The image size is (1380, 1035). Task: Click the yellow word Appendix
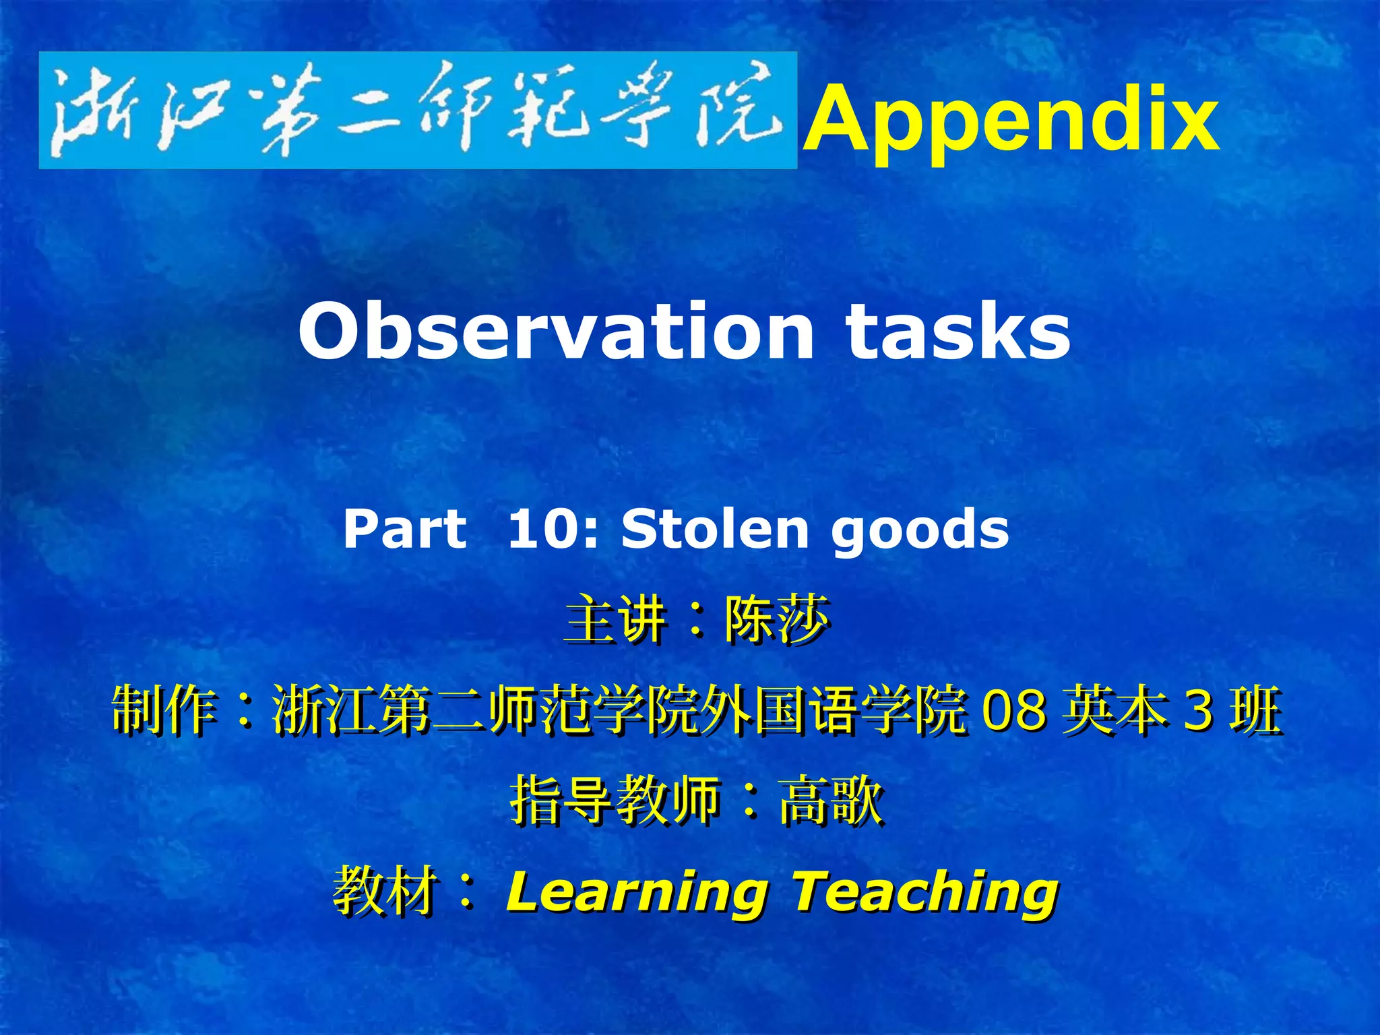(x=1011, y=120)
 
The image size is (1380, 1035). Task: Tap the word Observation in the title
(x=556, y=332)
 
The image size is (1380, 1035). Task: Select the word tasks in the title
(x=958, y=332)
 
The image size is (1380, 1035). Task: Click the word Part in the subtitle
(x=404, y=529)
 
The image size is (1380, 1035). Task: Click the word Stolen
(x=715, y=529)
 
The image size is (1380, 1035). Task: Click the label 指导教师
(x=615, y=800)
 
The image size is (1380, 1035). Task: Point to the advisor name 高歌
(x=830, y=800)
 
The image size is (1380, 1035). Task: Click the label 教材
(x=384, y=891)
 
